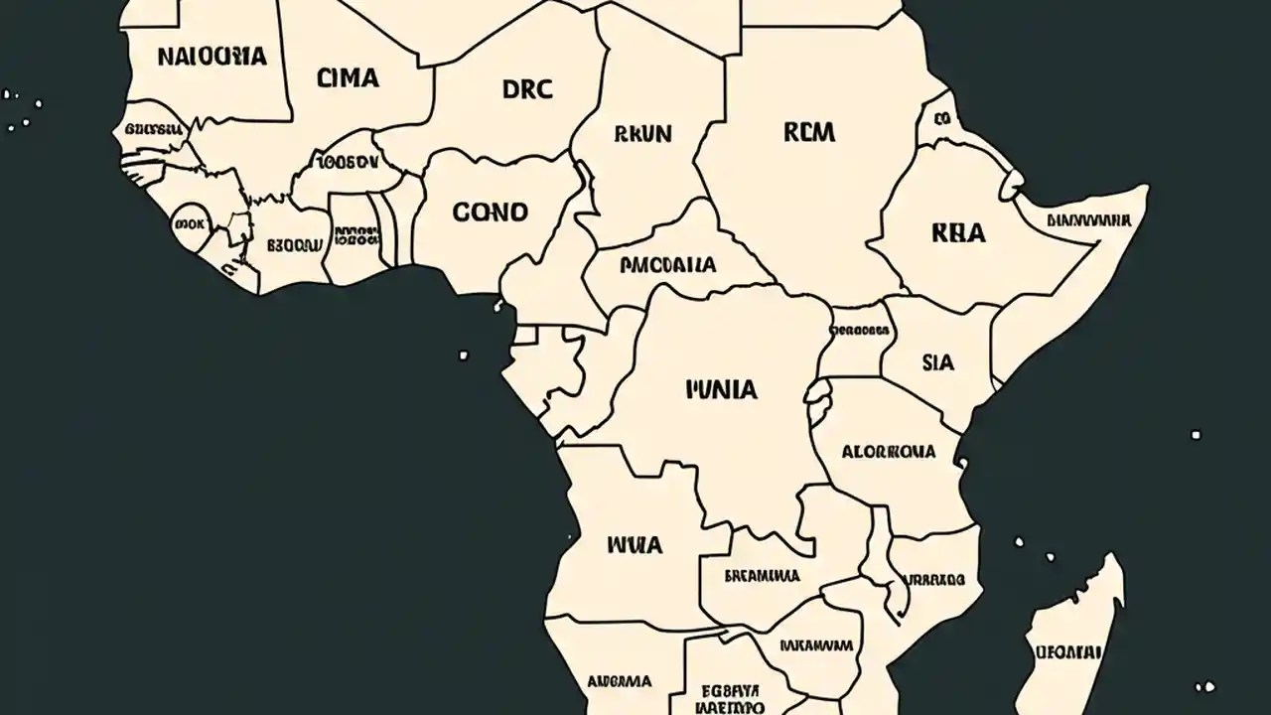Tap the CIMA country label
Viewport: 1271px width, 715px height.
click(348, 78)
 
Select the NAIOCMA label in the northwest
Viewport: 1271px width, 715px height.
click(212, 56)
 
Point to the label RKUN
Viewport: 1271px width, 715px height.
click(642, 133)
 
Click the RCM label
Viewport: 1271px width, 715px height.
click(809, 132)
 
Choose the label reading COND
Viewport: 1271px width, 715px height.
click(491, 212)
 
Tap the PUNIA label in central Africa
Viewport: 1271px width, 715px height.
click(721, 388)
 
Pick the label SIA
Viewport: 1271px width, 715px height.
click(937, 362)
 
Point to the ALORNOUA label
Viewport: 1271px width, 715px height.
click(888, 451)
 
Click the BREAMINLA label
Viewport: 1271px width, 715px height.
click(762, 575)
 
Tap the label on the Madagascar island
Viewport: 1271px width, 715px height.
click(1068, 652)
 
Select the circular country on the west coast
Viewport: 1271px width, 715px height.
click(189, 223)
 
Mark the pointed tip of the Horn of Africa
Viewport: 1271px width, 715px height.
click(1147, 189)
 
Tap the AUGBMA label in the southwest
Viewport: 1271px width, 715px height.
click(620, 681)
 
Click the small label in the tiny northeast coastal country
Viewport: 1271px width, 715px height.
click(941, 118)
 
